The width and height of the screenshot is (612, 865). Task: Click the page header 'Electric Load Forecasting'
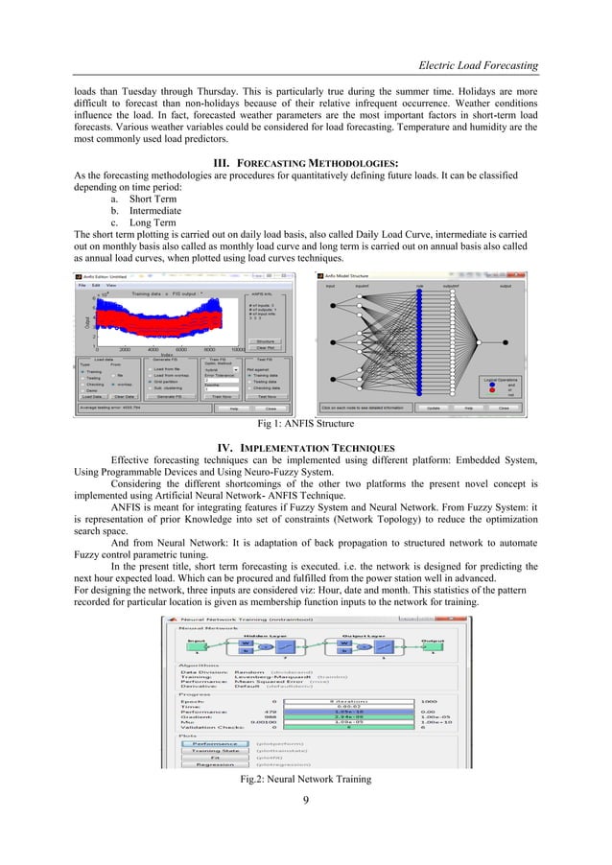472,64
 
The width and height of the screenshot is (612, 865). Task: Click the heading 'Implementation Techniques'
306,448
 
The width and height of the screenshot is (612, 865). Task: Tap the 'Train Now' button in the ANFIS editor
214,395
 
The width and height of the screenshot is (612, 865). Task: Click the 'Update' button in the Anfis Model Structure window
433,407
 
